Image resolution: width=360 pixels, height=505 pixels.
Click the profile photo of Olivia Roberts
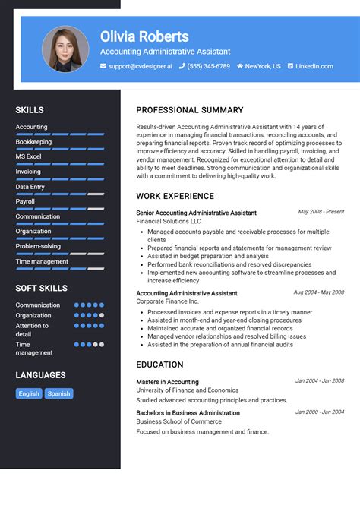65,50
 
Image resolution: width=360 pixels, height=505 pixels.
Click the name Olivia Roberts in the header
144,36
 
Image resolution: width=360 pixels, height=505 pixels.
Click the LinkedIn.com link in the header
314,66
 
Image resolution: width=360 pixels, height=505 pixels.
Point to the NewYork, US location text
263,66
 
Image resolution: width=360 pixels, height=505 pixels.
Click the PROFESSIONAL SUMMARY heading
190,110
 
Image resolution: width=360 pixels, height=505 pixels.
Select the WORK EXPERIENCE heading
175,197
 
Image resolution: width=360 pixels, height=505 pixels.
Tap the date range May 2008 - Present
321,212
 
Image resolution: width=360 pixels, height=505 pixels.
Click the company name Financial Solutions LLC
169,221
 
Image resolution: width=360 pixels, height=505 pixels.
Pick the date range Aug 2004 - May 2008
318,292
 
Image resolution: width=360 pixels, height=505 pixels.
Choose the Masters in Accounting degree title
167,382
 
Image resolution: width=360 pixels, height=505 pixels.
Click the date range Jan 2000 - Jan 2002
319,412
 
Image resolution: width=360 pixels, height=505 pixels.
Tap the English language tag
29,393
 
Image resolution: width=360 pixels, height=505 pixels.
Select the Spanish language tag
58,393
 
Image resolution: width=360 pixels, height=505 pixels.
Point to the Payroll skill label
25,201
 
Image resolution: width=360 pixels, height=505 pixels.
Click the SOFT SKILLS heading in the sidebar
41,288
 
